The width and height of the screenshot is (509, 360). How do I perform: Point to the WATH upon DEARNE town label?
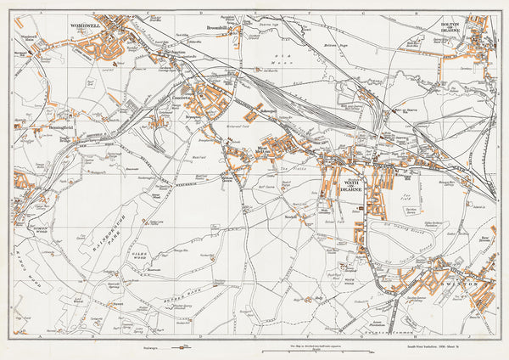[x=351, y=185]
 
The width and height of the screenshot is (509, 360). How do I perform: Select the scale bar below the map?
[x=296, y=350]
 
